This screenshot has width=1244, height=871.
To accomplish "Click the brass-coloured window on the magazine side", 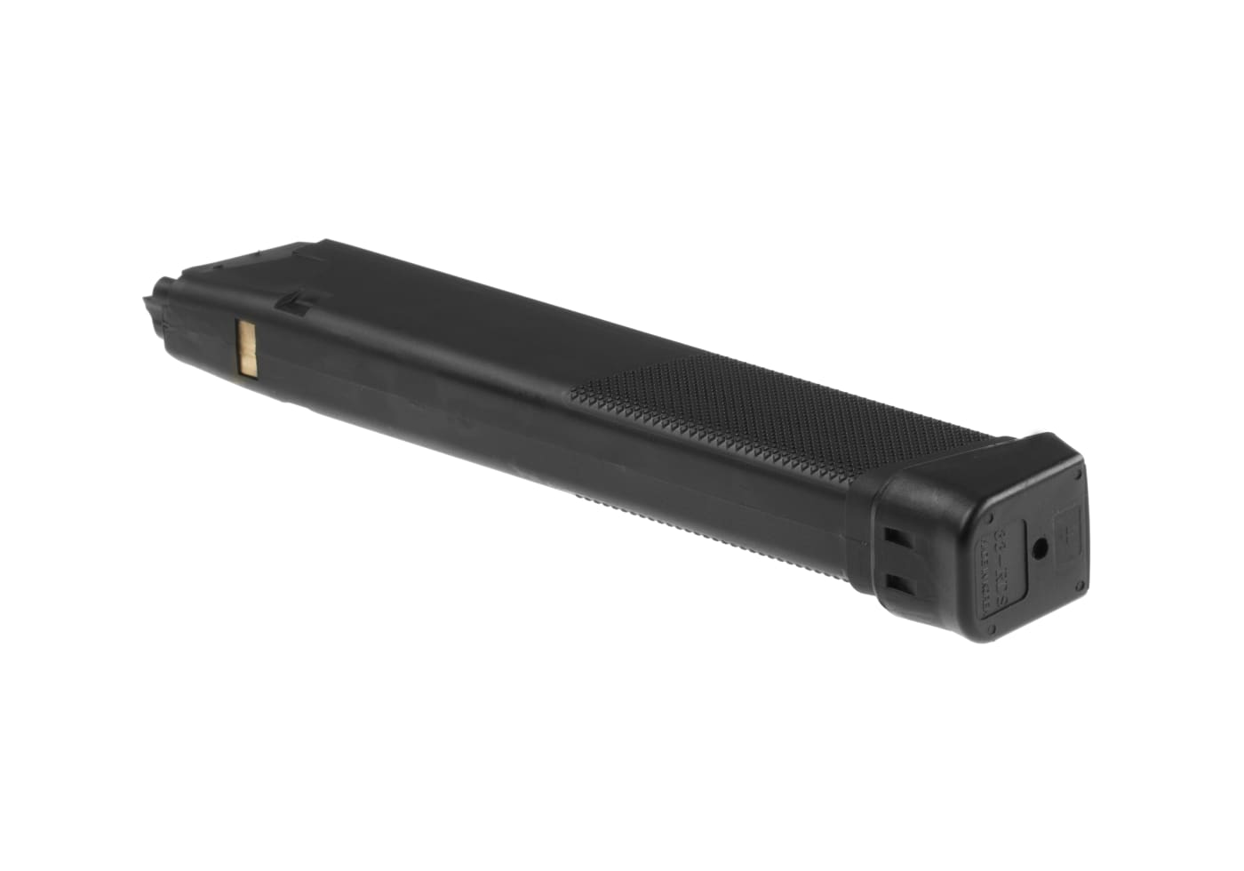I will (x=246, y=348).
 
